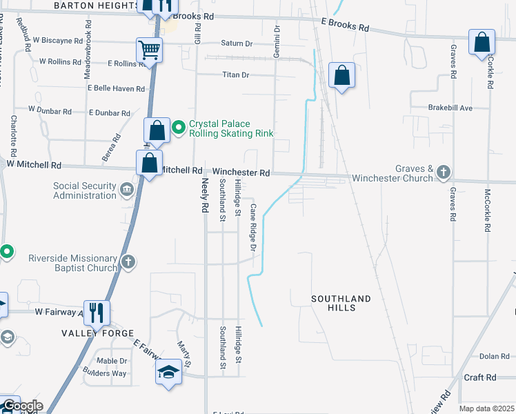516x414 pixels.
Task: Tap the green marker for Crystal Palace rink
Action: click(179, 127)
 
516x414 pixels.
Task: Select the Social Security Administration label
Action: click(86, 190)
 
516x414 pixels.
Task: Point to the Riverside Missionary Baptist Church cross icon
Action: click(128, 262)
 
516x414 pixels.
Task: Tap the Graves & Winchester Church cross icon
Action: click(443, 172)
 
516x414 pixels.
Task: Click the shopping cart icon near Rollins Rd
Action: click(150, 50)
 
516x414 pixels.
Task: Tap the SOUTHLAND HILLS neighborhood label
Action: click(341, 303)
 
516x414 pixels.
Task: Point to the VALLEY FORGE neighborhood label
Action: click(88, 333)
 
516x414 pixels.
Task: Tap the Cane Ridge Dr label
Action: click(253, 226)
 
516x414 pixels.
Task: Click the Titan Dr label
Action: click(235, 75)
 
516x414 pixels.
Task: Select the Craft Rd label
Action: click(480, 377)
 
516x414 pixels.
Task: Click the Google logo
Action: click(22, 406)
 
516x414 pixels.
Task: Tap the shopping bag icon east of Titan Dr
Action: click(341, 75)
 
